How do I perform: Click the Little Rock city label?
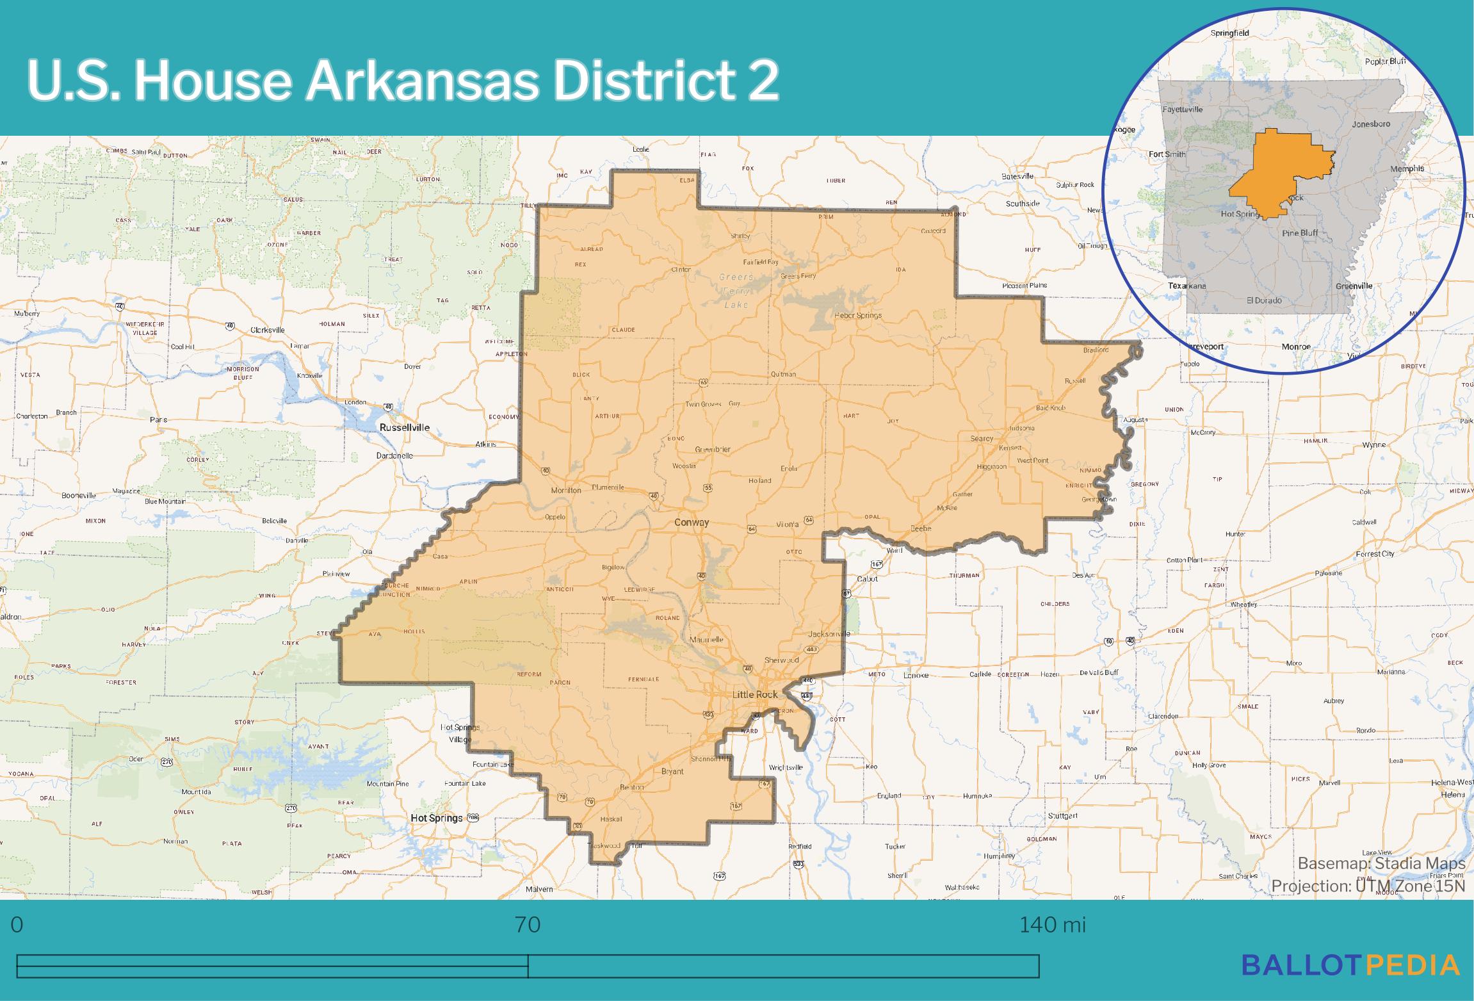point(755,694)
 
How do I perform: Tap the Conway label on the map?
point(692,523)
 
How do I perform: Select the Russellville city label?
point(405,427)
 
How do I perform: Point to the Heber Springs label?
point(858,315)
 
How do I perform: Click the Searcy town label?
point(982,439)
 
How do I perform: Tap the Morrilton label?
point(566,490)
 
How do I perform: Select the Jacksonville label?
point(829,633)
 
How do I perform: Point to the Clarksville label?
point(268,330)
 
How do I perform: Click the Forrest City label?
point(1375,554)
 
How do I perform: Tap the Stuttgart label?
point(1063,816)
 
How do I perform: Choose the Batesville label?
point(1017,176)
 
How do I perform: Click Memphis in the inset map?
point(1407,168)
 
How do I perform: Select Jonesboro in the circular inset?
point(1371,124)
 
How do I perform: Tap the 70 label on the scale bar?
point(528,925)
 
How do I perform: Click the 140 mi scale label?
point(1053,925)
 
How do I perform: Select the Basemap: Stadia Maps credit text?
point(1381,863)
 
